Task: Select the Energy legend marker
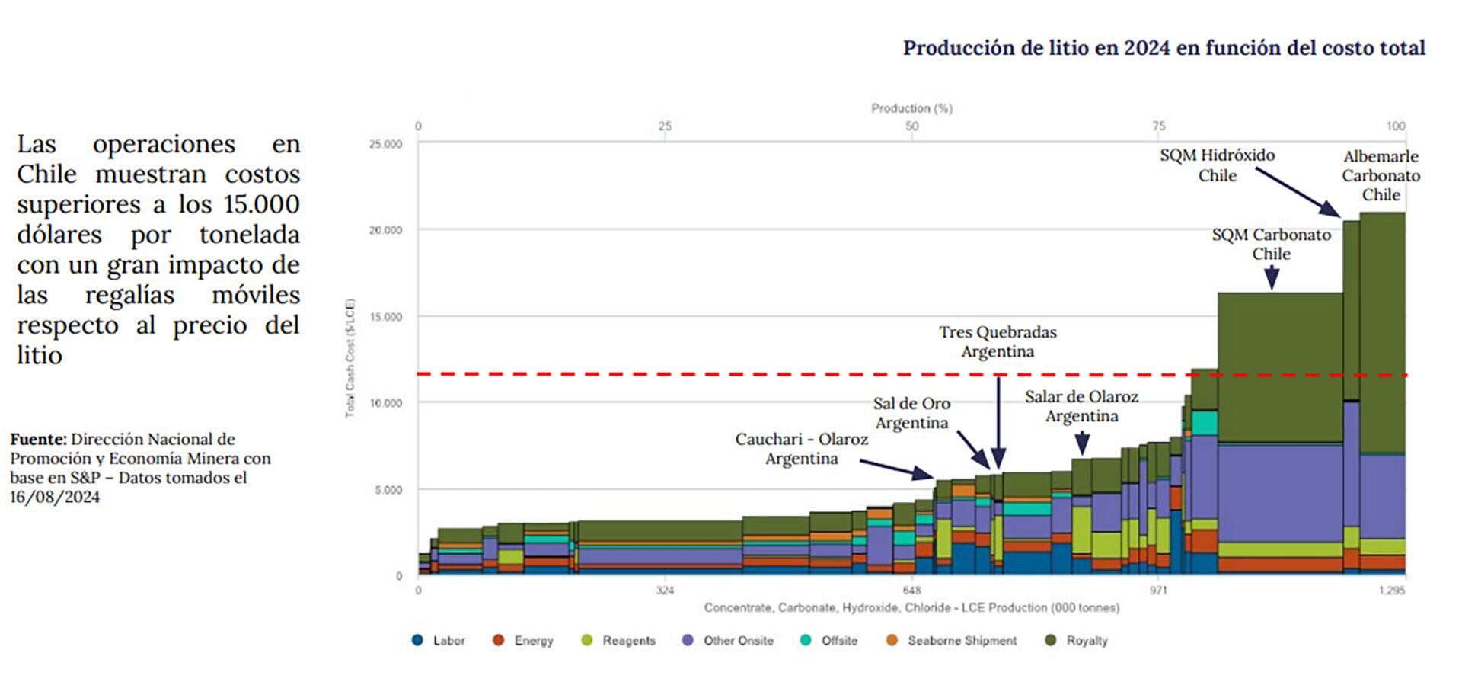(499, 640)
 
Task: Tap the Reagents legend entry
(618, 641)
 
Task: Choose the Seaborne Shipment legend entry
(952, 641)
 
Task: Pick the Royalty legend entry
(1077, 641)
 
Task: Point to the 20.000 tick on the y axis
(385, 230)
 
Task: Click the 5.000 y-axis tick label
(388, 490)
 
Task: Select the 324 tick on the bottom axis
(665, 591)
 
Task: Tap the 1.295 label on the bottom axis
(1392, 591)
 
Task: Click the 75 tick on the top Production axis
(1158, 126)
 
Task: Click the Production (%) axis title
(911, 109)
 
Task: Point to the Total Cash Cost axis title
(350, 358)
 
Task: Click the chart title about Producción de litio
(1164, 48)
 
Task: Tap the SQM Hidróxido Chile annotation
(1217, 165)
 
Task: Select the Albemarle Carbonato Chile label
(1381, 175)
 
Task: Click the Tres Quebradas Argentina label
(998, 341)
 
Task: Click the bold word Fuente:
(38, 440)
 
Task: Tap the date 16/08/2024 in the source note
(55, 497)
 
